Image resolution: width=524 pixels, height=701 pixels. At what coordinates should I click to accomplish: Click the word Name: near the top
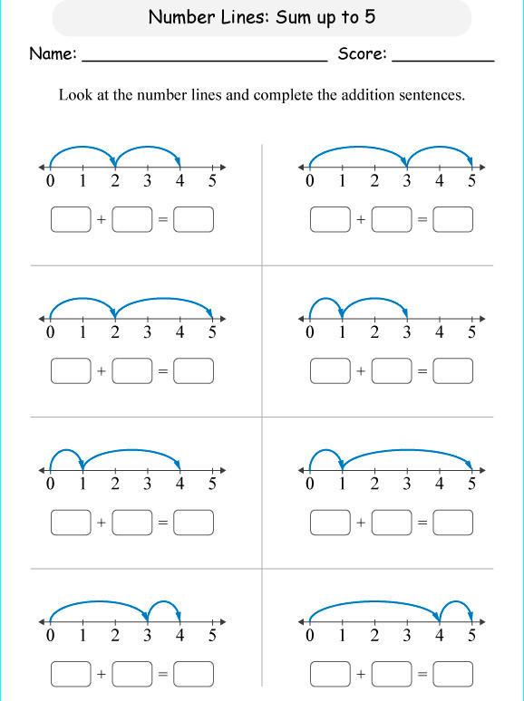point(53,54)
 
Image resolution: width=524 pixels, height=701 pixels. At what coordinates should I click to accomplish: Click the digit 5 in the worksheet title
point(370,17)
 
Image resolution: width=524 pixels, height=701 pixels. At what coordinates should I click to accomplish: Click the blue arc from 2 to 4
point(148,148)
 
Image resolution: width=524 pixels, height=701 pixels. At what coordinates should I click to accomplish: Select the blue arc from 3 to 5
point(440,148)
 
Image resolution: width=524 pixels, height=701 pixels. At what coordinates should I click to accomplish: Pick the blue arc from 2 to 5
point(164,299)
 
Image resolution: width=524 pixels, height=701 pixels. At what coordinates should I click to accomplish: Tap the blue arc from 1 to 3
point(374,299)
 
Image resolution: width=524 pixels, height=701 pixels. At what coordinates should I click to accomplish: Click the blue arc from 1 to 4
point(131,451)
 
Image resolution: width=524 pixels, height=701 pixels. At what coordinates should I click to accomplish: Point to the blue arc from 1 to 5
point(407,450)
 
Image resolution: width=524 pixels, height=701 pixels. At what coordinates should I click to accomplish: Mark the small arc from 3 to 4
point(164,602)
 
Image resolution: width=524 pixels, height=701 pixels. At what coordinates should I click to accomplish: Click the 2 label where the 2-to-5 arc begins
point(115,333)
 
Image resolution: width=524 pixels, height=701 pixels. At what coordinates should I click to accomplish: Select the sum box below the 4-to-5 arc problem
point(453,674)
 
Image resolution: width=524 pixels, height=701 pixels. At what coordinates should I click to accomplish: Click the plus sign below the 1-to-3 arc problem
point(361,371)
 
